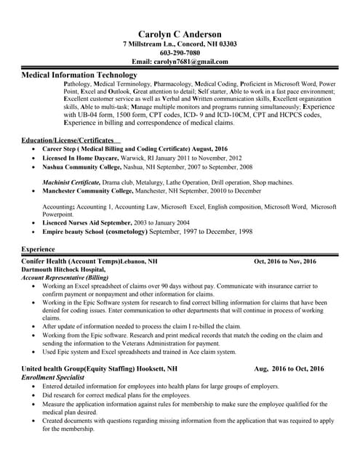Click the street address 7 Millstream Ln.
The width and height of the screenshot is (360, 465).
[x=148, y=44]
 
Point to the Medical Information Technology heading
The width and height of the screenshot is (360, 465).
[x=79, y=75]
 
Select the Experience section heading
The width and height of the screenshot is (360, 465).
[x=39, y=249]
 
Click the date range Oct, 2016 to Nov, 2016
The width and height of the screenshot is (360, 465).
[x=285, y=261]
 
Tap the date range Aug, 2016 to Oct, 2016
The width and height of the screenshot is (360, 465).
[x=289, y=369]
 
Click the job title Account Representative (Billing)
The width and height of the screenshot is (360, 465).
[x=65, y=278]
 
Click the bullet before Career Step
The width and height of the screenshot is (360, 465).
[x=35, y=149]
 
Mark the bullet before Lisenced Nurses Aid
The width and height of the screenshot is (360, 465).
[x=35, y=223]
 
